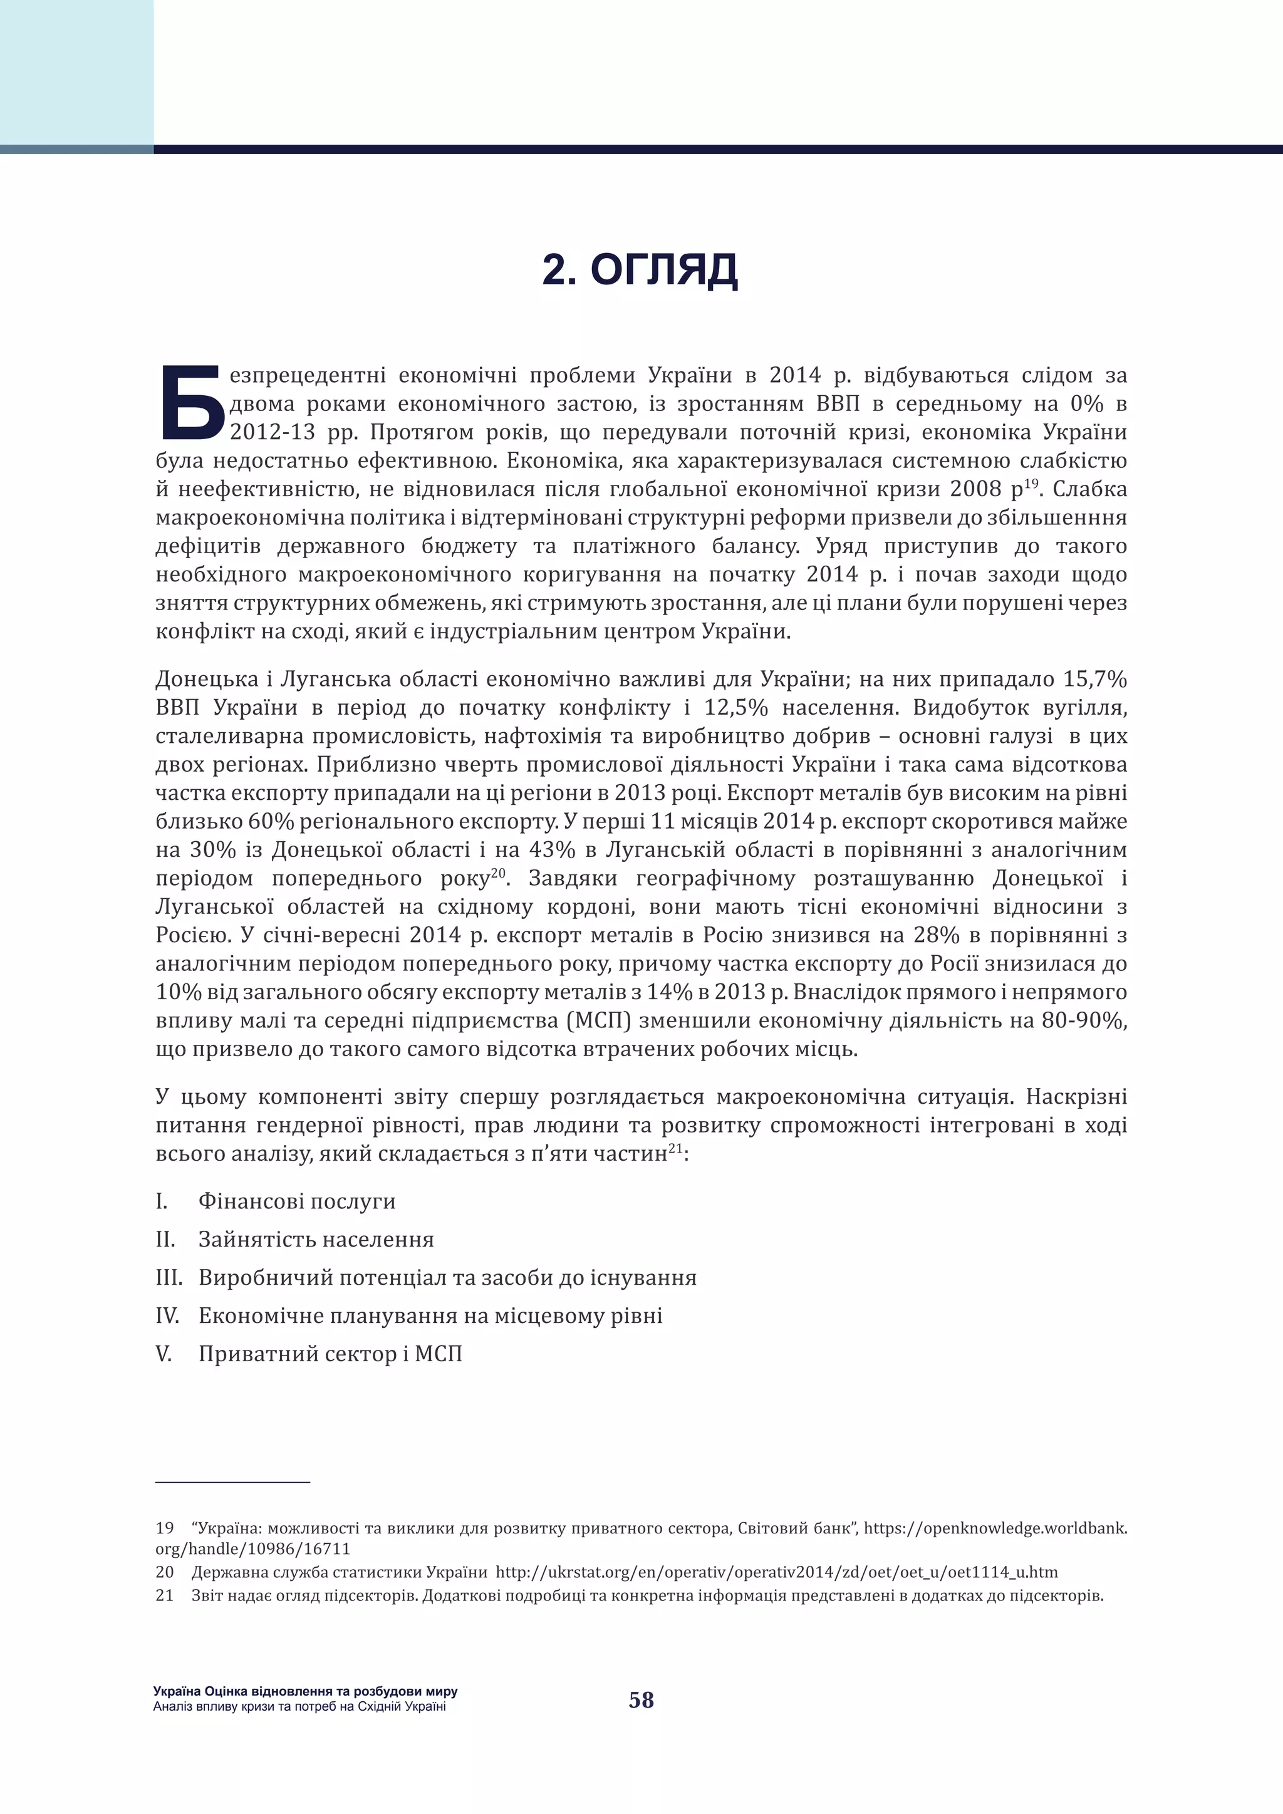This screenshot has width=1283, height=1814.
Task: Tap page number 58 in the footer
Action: tap(641, 1699)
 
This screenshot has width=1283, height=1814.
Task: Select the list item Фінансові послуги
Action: tap(296, 1201)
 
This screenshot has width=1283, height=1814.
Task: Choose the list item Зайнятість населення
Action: tap(316, 1239)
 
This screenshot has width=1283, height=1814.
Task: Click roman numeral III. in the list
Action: tap(169, 1278)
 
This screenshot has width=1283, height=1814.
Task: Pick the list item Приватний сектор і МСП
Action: tap(330, 1354)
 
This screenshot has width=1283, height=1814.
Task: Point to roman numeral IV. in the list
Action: tap(167, 1315)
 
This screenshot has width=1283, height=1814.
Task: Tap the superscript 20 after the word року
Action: tap(497, 873)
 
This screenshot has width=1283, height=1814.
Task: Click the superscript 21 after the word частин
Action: tap(675, 1148)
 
